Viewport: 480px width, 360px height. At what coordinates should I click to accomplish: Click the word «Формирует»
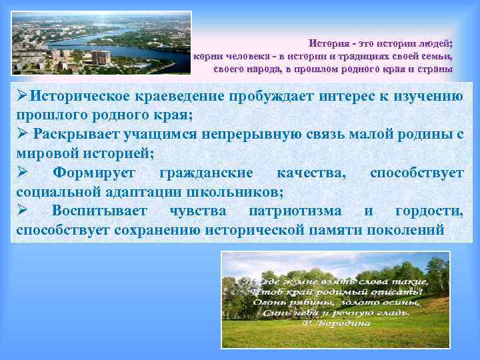pos(94,173)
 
